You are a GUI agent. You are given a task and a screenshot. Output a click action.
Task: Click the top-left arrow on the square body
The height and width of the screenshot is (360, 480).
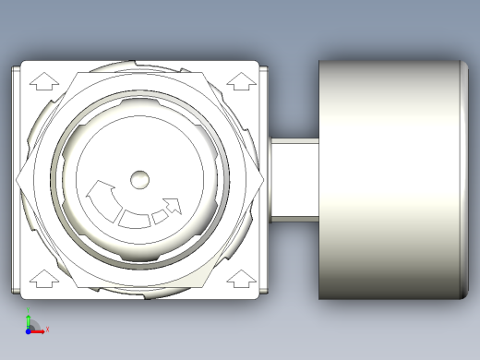(x=39, y=81)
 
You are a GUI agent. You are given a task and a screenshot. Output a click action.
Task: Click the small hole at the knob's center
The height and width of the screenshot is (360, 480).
(x=139, y=177)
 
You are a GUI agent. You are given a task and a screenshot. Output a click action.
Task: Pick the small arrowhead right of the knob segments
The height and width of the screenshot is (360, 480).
(x=171, y=205)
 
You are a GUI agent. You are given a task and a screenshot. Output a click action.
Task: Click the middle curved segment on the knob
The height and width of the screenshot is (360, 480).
(x=134, y=218)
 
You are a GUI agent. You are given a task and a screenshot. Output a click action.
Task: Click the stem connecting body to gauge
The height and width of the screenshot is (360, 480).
(x=294, y=179)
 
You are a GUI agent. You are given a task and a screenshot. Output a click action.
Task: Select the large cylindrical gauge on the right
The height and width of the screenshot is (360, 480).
(x=388, y=179)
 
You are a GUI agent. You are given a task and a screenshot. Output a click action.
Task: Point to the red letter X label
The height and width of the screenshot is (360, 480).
(x=47, y=329)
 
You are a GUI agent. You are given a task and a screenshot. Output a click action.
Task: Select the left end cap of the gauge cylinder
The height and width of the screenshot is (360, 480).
(x=321, y=179)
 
